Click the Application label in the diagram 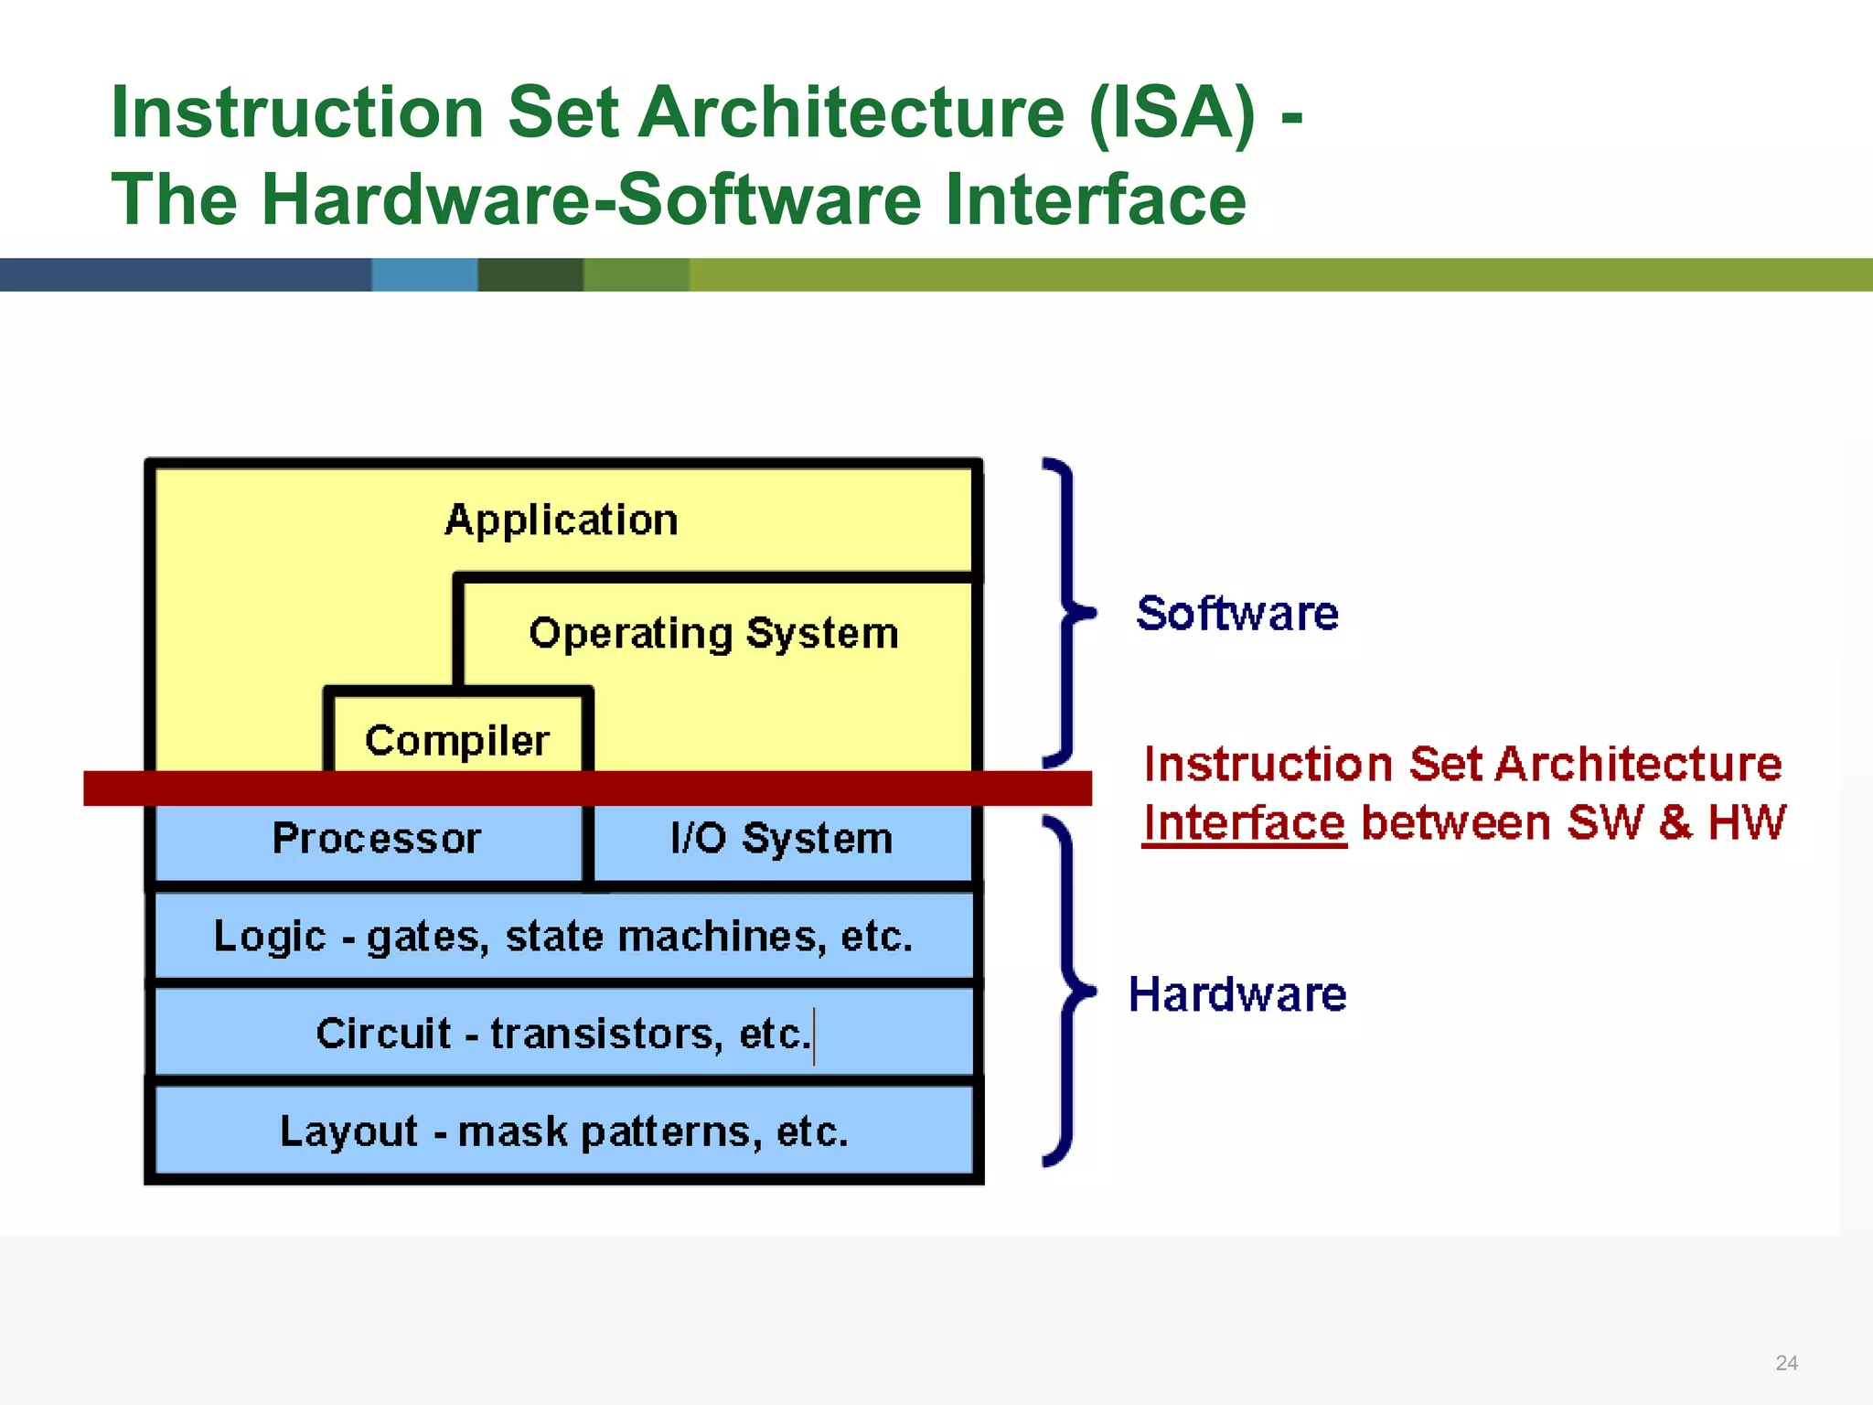click(562, 520)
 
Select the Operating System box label click(713, 633)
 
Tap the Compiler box click(457, 740)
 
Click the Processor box click(377, 838)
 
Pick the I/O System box click(781, 838)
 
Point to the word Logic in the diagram click(269, 936)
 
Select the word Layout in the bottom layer click(348, 1132)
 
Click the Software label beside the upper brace click(1236, 613)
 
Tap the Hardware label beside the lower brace click(1236, 994)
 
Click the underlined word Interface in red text click(1244, 822)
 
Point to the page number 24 click(1786, 1363)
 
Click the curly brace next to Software click(1065, 612)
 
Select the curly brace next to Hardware click(1065, 991)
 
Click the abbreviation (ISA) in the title click(1172, 113)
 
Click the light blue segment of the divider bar click(424, 274)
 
